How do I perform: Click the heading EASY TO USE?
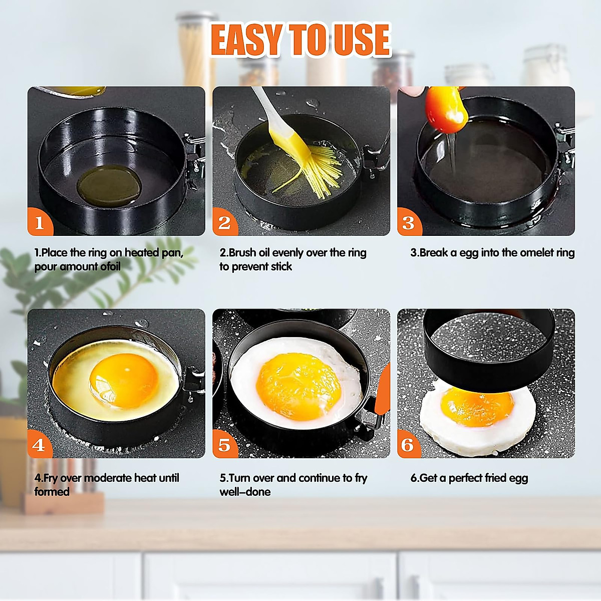coord(300,40)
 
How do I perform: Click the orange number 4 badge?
coord(39,445)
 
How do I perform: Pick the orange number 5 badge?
coord(224,445)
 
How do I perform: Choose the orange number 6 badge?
coord(408,445)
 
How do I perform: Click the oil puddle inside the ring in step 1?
coord(109,184)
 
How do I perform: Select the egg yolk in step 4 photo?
coord(123,380)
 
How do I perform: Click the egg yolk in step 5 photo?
coord(297,386)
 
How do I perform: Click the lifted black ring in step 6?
coord(488,351)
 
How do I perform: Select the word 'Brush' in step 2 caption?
coord(242,253)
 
